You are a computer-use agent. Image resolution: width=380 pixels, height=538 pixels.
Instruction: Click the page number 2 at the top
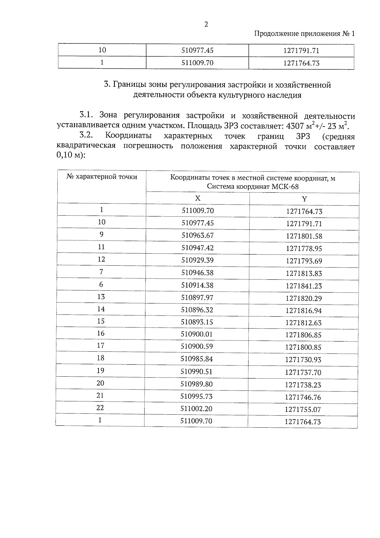point(206,24)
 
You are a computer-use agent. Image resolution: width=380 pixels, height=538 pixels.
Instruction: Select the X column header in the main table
point(198,198)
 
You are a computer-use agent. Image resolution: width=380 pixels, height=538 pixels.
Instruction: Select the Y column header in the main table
point(304,199)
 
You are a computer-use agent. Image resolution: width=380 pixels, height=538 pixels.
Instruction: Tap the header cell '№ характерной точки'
point(102,177)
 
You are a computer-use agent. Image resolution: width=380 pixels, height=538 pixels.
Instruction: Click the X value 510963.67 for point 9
point(198,235)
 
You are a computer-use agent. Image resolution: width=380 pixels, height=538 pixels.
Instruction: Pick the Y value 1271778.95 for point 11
point(304,249)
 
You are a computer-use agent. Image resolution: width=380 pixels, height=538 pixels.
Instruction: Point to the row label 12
point(101,259)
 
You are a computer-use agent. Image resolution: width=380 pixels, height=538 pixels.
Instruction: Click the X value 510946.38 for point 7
point(197,273)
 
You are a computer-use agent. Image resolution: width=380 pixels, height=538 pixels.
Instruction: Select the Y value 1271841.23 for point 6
point(304,286)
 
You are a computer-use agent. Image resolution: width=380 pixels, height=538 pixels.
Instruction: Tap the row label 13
point(101,296)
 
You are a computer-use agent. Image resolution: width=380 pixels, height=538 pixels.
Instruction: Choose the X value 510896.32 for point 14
point(197,310)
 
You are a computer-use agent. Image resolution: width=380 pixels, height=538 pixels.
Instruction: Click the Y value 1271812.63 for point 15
point(303,323)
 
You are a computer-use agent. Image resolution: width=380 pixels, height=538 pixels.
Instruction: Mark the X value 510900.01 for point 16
point(197,334)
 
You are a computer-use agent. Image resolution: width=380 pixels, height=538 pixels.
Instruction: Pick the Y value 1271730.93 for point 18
point(303,360)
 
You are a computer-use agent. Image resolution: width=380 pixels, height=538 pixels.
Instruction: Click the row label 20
point(100,383)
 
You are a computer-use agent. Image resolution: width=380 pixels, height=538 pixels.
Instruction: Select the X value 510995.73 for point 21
point(196,396)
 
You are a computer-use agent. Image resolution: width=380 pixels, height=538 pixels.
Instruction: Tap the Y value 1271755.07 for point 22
point(303,410)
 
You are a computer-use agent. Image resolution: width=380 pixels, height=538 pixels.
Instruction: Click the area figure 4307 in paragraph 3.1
point(294,126)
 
